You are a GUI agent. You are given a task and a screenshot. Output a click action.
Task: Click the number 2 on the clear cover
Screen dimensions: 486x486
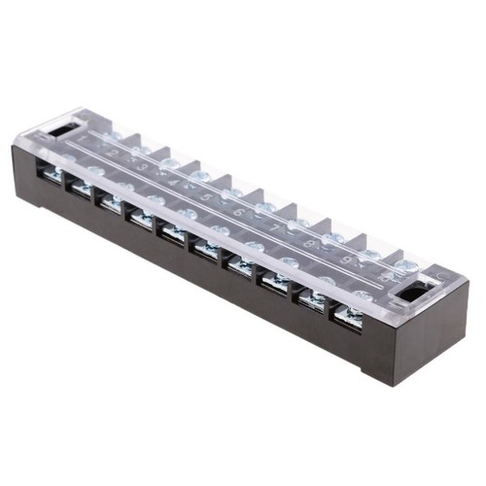[x=114, y=153]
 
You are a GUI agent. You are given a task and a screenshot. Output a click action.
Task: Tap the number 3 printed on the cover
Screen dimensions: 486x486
[x=145, y=166]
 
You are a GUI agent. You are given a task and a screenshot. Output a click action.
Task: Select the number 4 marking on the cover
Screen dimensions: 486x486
[x=175, y=181]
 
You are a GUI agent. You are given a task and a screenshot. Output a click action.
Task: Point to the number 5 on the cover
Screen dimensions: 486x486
[x=206, y=195]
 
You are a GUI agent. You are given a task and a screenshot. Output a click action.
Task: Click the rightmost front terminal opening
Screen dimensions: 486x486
[x=348, y=316]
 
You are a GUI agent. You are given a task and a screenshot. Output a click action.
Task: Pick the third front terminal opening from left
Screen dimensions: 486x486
[x=109, y=201]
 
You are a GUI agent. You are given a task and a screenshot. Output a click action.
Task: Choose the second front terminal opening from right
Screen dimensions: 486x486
[x=312, y=298]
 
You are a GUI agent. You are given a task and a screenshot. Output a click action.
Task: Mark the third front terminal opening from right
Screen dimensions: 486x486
[x=276, y=281]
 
